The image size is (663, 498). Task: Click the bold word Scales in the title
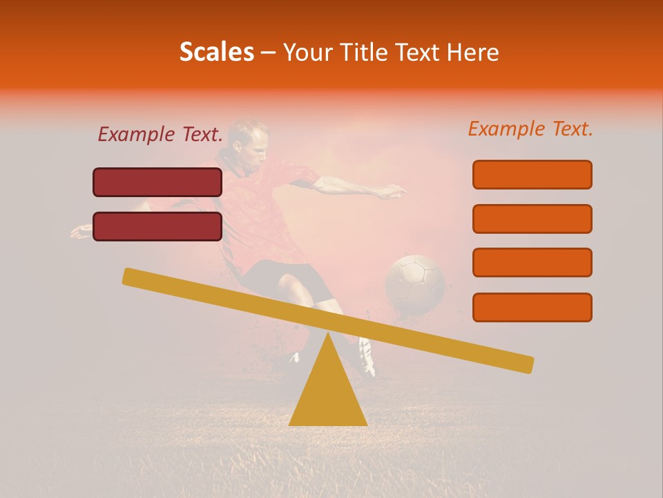tap(217, 52)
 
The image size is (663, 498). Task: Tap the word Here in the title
tap(473, 52)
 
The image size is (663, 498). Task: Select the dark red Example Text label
tap(160, 135)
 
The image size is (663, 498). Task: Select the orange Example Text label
tap(530, 129)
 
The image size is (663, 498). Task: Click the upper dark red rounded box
tap(157, 183)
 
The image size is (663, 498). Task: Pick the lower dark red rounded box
tap(157, 226)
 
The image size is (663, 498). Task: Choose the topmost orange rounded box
tap(532, 174)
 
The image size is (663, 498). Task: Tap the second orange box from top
tap(532, 219)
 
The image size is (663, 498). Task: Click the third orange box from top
tap(532, 263)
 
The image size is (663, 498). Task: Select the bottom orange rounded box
tap(532, 307)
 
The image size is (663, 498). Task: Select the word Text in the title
tap(422, 52)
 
